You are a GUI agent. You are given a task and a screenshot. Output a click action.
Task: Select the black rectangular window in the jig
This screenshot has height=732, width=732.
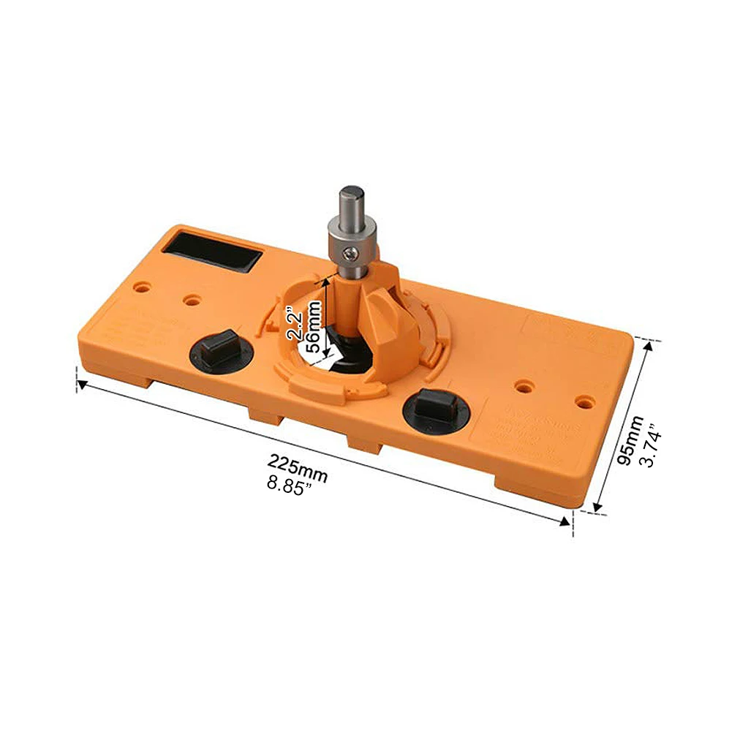(212, 252)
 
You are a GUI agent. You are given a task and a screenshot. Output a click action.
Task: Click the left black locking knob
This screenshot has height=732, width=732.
(218, 347)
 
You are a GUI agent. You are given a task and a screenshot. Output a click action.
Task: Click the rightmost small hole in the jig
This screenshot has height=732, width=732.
(584, 401)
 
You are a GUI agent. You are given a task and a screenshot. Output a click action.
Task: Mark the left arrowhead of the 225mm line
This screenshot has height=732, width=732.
(83, 384)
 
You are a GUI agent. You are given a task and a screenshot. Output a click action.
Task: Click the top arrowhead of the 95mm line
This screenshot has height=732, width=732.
(646, 346)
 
